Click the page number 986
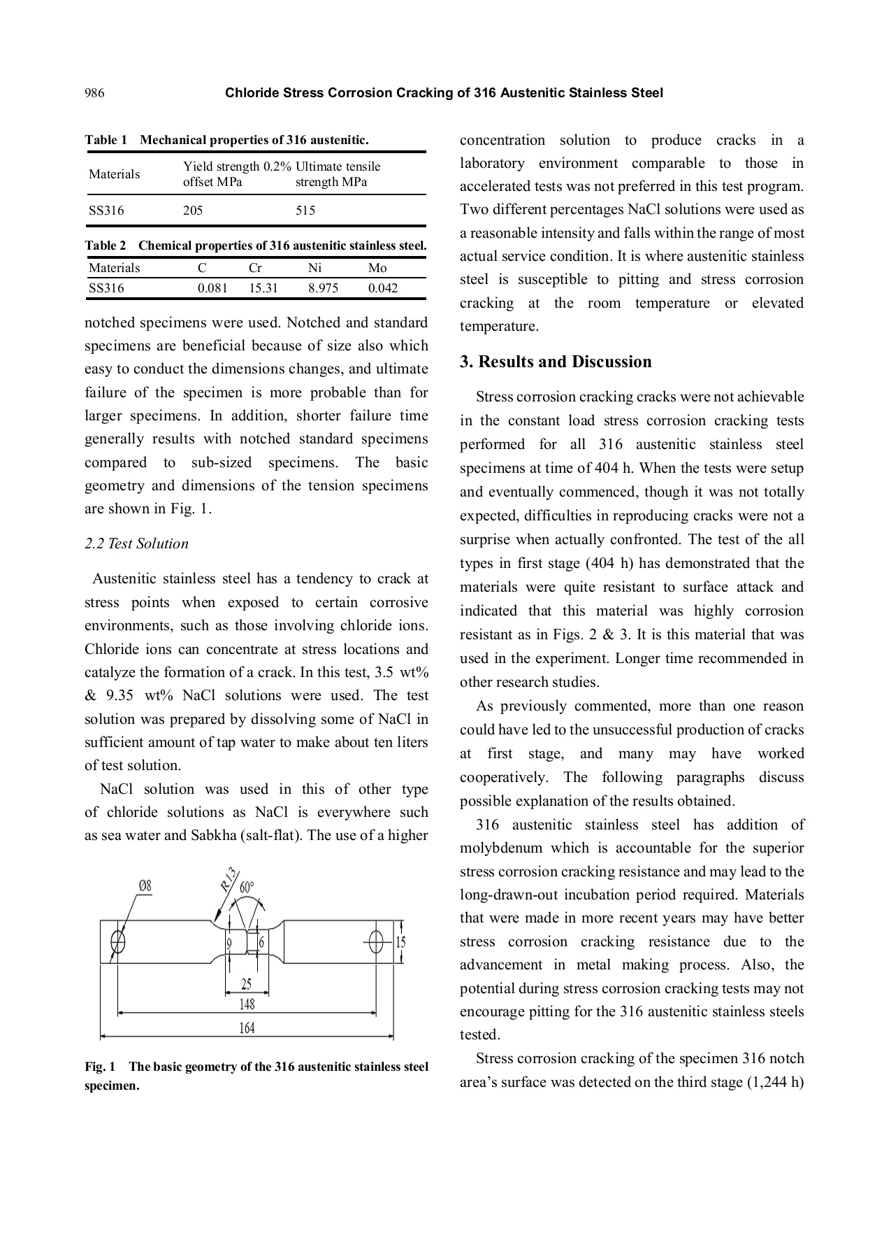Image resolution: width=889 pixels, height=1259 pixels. tap(94, 93)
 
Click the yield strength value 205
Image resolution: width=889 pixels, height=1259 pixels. tap(193, 211)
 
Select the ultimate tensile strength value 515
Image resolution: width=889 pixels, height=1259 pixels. tap(305, 211)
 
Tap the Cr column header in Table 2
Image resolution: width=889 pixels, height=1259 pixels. tap(255, 268)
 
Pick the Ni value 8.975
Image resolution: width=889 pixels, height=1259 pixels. tap(323, 288)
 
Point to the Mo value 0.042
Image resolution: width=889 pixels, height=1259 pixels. tap(383, 288)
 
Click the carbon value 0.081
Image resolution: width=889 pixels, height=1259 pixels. tap(212, 288)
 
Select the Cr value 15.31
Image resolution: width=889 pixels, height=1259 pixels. tap(263, 288)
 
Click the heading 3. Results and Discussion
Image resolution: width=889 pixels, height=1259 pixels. tap(556, 362)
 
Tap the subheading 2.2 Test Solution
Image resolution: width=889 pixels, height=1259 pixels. tap(137, 543)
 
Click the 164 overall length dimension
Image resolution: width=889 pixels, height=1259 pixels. tap(247, 1027)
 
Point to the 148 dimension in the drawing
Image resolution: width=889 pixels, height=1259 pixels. tap(247, 1004)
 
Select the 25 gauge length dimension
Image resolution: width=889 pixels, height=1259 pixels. tap(247, 984)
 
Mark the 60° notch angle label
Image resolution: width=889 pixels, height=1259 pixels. tap(247, 888)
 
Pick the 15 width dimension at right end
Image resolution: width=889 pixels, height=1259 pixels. tap(400, 942)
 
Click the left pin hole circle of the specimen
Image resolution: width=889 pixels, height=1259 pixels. tap(118, 941)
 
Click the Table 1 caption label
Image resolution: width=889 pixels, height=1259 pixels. tap(106, 140)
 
